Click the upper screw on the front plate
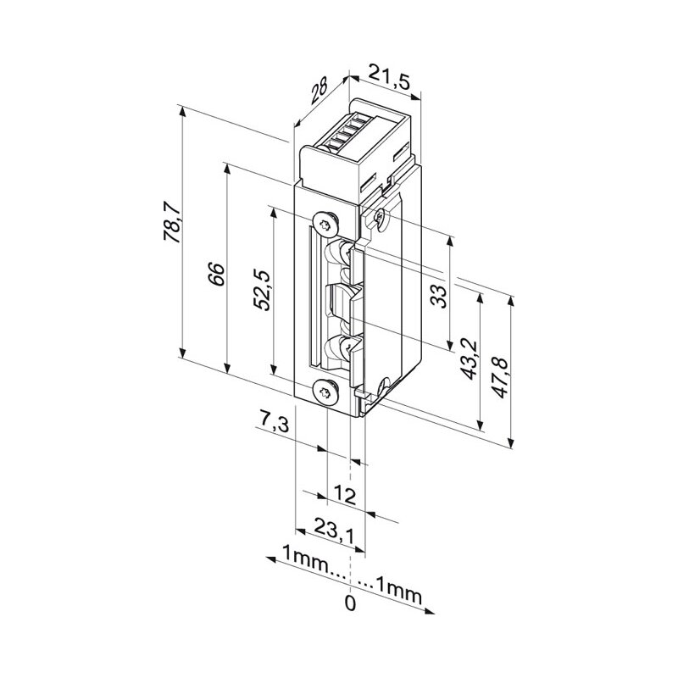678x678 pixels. tap(325, 221)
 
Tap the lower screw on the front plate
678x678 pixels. tap(326, 392)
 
